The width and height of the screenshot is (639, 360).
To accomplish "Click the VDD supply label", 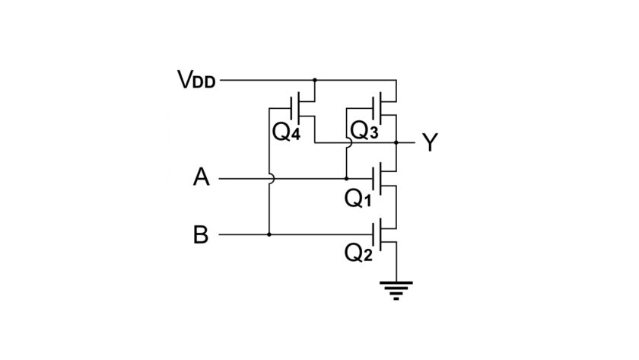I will tap(196, 79).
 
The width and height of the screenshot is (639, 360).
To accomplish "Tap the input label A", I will tap(201, 178).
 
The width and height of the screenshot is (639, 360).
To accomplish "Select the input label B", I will tap(201, 235).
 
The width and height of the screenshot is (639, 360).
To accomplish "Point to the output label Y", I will tap(430, 142).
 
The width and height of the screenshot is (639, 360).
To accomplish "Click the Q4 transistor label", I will tap(287, 132).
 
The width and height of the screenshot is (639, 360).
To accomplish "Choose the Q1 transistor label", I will tap(358, 199).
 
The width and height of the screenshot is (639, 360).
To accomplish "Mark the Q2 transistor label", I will tap(358, 253).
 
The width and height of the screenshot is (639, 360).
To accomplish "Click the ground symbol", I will tap(396, 290).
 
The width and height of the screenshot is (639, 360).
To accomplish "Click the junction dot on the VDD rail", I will tap(314, 79).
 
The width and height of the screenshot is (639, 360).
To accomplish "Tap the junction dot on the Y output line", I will tap(396, 142).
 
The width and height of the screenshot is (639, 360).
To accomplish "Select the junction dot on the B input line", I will tap(269, 235).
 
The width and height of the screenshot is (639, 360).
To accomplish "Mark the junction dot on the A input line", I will tap(347, 179).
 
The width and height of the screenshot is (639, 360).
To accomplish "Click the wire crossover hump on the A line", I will tap(271, 179).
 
